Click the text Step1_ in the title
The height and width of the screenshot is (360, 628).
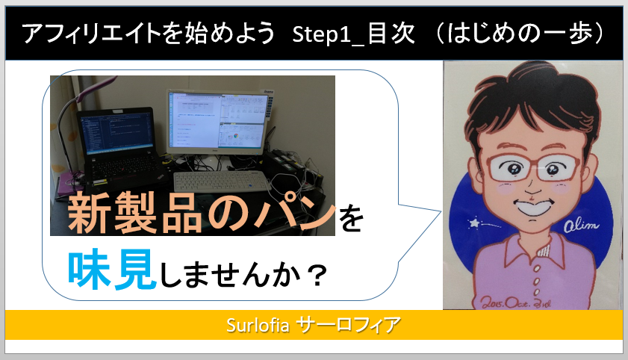(x=329, y=34)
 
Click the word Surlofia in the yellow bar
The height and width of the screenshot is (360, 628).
(x=258, y=325)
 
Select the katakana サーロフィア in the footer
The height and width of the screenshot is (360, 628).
(x=348, y=325)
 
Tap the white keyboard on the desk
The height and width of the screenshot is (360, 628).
(x=223, y=181)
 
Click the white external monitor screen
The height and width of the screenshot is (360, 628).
(x=219, y=120)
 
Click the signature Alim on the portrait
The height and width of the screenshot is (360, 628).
(x=581, y=226)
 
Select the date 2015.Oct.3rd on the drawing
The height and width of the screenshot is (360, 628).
(x=516, y=302)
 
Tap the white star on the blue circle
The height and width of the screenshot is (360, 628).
(x=475, y=223)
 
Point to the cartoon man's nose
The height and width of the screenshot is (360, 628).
(x=532, y=186)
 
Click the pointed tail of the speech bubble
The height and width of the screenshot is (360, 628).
(x=440, y=211)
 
